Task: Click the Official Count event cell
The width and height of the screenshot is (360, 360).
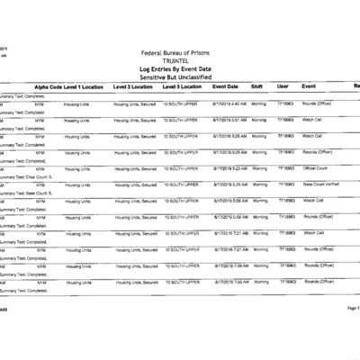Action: [315, 168]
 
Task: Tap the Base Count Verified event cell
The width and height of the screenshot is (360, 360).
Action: [319, 184]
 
